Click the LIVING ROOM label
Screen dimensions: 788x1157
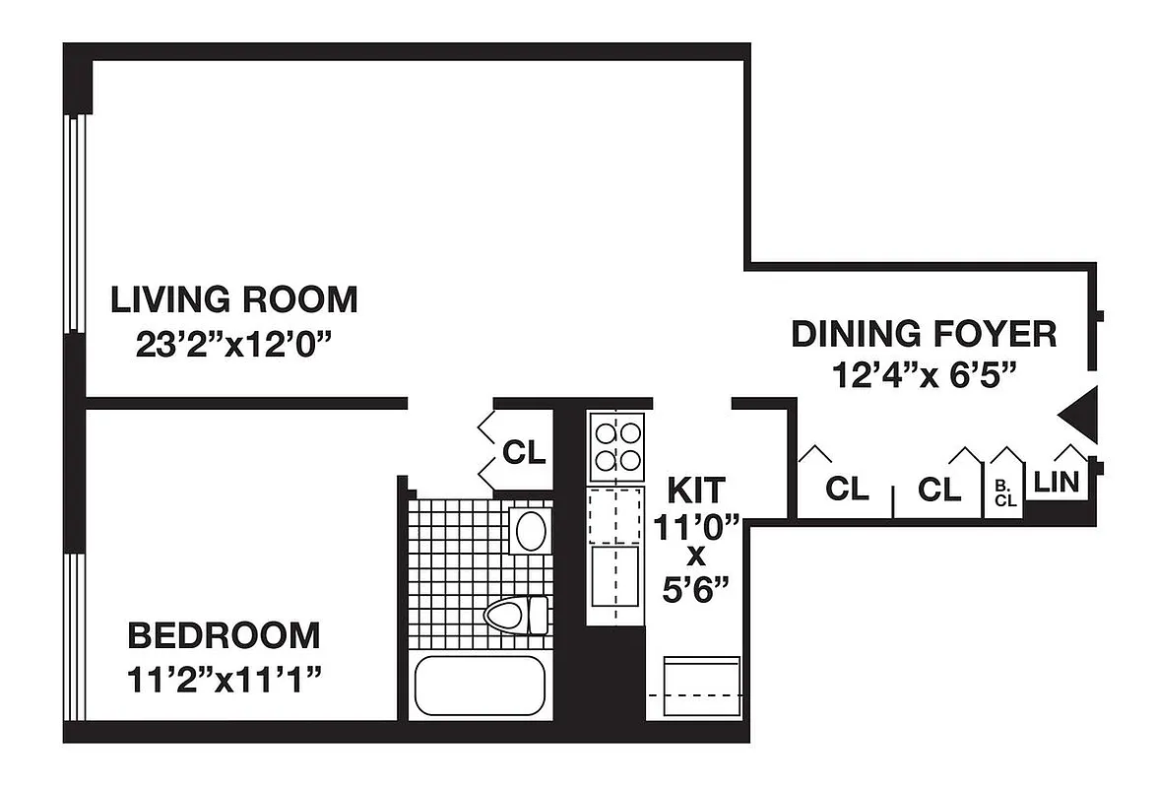point(233,298)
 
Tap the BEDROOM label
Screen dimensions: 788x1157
point(224,635)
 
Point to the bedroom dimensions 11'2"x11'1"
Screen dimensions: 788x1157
point(224,680)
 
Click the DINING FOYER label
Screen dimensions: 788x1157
point(923,334)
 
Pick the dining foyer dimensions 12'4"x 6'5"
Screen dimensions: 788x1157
point(923,376)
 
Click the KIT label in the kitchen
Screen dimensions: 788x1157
point(696,490)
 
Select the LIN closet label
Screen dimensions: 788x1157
point(1057,483)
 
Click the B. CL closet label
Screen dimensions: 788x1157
point(1004,492)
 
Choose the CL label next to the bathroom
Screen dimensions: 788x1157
point(523,452)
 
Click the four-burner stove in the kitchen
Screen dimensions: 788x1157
point(615,446)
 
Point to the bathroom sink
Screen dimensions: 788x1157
point(531,531)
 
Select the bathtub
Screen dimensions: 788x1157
point(480,686)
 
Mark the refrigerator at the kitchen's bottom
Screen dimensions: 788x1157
point(702,686)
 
